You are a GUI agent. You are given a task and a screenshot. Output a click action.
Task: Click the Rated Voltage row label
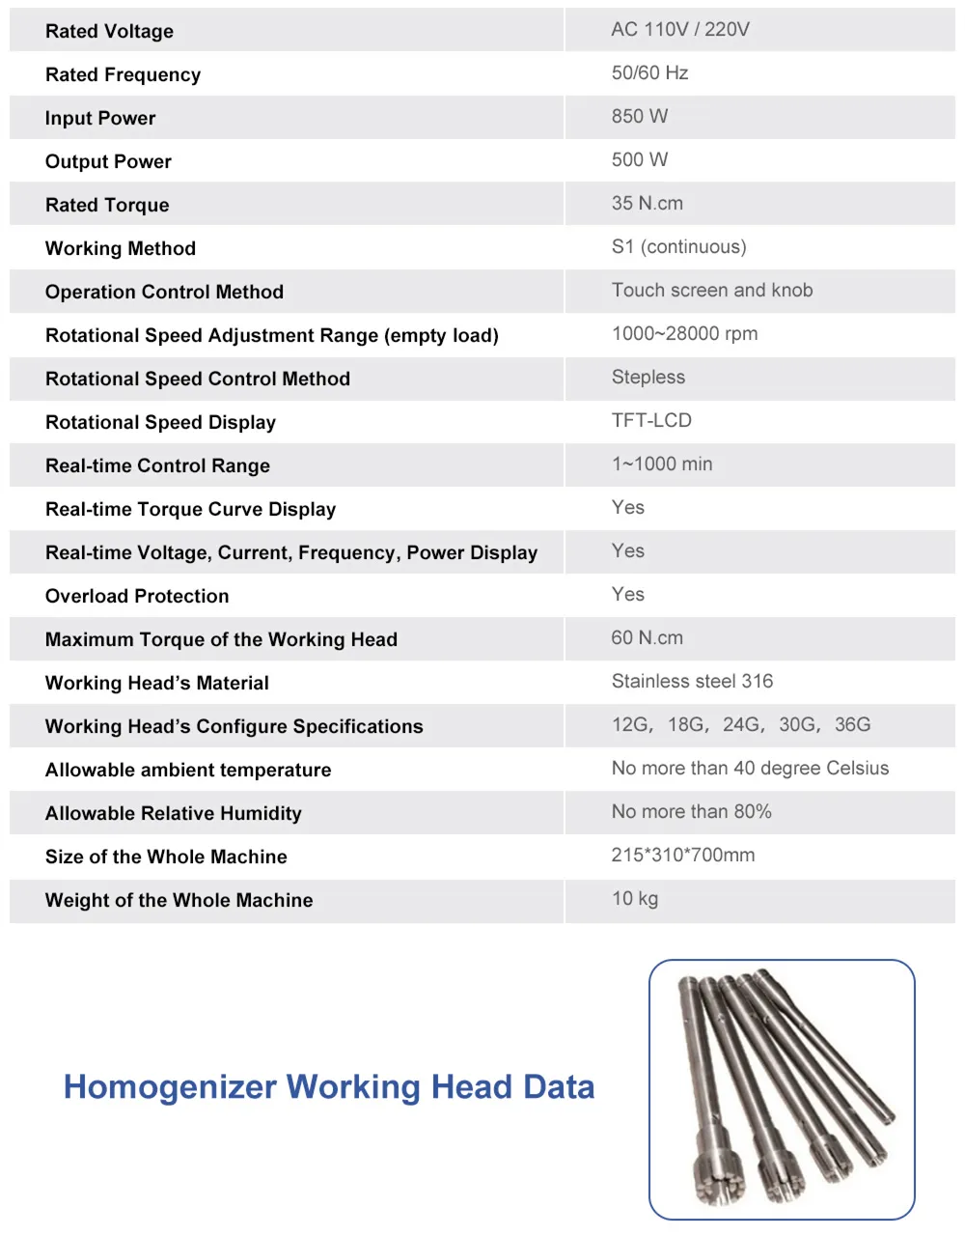coord(109,31)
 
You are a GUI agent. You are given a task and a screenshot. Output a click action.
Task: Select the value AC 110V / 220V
coord(679,29)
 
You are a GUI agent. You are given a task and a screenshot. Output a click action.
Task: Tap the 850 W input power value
coord(639,116)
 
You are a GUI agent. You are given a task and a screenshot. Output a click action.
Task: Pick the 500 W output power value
coord(639,159)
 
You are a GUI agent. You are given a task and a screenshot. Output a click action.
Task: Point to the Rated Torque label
coord(107,205)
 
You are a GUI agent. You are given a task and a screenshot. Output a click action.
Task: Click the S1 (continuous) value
coord(678,246)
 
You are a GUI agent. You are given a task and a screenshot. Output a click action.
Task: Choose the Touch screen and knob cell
coord(711,290)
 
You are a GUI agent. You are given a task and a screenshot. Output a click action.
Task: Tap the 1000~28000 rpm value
coord(684,333)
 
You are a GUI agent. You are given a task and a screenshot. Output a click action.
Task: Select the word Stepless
coord(648,377)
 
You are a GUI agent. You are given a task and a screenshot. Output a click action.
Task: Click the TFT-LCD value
coord(651,420)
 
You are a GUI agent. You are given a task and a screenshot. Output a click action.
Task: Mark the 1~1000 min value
coord(661,463)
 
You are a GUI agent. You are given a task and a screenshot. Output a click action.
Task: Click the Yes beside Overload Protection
coord(627,594)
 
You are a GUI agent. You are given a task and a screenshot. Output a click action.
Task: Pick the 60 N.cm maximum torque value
coord(647,637)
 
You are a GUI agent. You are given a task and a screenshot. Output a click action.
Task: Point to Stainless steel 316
coord(692,681)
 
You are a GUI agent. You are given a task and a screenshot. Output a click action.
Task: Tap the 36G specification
coord(852,724)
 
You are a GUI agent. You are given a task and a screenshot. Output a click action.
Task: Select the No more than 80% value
coord(691,811)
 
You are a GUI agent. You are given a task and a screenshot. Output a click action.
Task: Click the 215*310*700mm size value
coord(682,855)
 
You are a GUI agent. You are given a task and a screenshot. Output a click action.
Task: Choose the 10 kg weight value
coord(634,898)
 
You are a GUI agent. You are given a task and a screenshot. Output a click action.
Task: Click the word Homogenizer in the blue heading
coord(170,1087)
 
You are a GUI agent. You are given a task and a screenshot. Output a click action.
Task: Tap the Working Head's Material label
coord(156,683)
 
